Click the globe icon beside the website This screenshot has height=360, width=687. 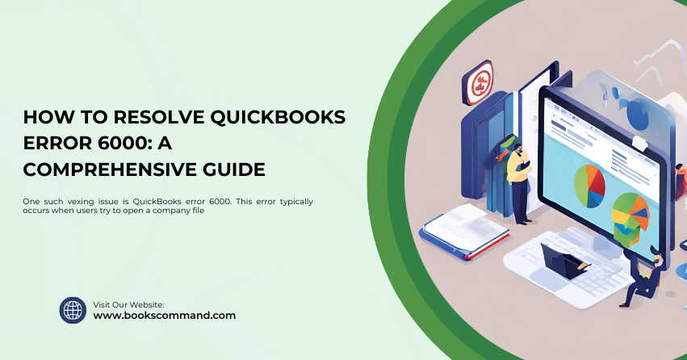click(x=73, y=310)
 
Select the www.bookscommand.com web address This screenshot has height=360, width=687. click(x=165, y=316)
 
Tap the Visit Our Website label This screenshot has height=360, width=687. click(x=129, y=304)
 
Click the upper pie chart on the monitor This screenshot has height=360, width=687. click(x=589, y=185)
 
